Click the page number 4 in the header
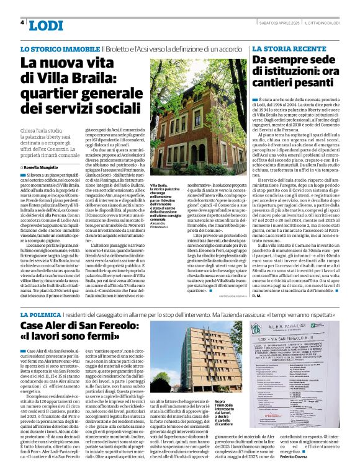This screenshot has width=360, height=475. tap(23, 22)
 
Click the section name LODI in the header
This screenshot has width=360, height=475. tap(46, 25)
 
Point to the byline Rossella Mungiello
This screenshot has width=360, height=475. tap(43, 167)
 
